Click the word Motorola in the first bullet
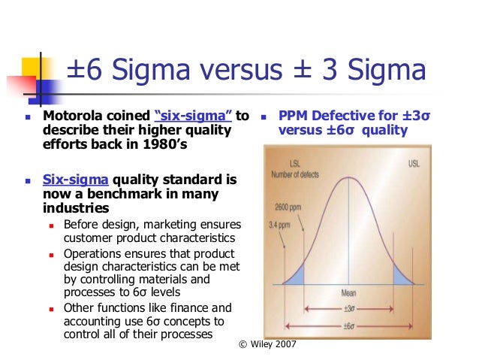click(73, 116)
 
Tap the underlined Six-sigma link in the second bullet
click(77, 180)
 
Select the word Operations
click(95, 254)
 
